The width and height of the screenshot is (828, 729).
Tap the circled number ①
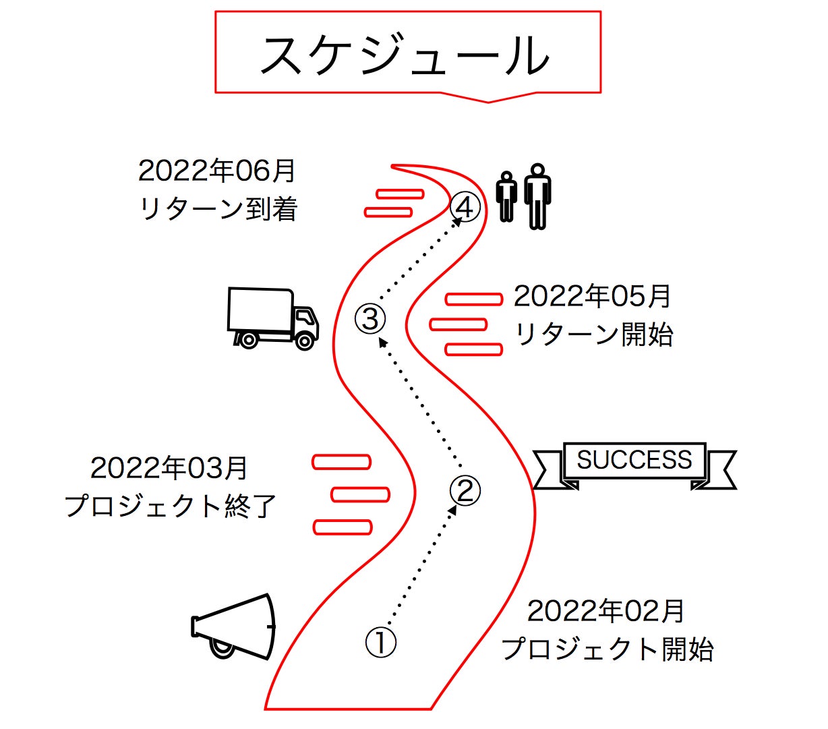click(381, 643)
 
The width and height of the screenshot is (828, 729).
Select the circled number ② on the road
click(465, 490)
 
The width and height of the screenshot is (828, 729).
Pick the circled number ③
click(371, 318)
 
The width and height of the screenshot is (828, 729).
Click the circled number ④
click(465, 207)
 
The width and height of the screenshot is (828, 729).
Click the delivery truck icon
click(272, 318)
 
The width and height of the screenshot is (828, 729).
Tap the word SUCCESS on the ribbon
click(634, 460)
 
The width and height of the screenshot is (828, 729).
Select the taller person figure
click(537, 196)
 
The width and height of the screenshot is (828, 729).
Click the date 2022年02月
click(605, 612)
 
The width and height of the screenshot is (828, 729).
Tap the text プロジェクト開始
click(607, 649)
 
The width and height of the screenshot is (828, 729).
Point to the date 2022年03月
click(169, 468)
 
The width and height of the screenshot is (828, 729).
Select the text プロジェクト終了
click(170, 506)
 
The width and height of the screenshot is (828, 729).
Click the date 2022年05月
click(592, 296)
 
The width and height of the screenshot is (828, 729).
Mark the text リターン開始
click(593, 334)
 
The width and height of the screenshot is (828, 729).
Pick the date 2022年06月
click(216, 171)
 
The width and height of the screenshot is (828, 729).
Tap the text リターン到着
click(218, 209)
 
